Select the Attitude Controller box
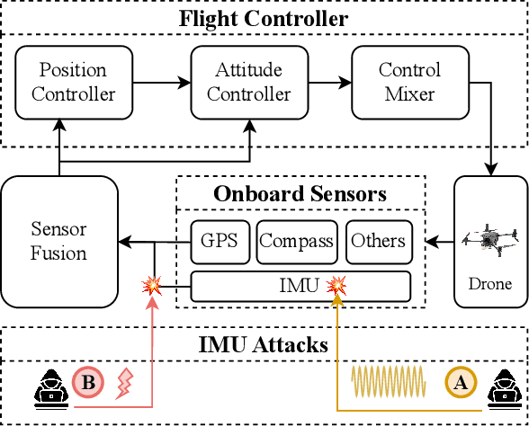(241, 82)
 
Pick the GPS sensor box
(219, 241)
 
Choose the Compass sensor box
(297, 241)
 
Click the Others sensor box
(378, 241)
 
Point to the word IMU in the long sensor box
(299, 287)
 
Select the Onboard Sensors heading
(300, 193)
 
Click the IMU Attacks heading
(264, 343)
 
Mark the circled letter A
(460, 383)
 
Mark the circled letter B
(88, 383)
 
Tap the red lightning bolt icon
(124, 385)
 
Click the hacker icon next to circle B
(46, 385)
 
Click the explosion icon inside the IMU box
(336, 287)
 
